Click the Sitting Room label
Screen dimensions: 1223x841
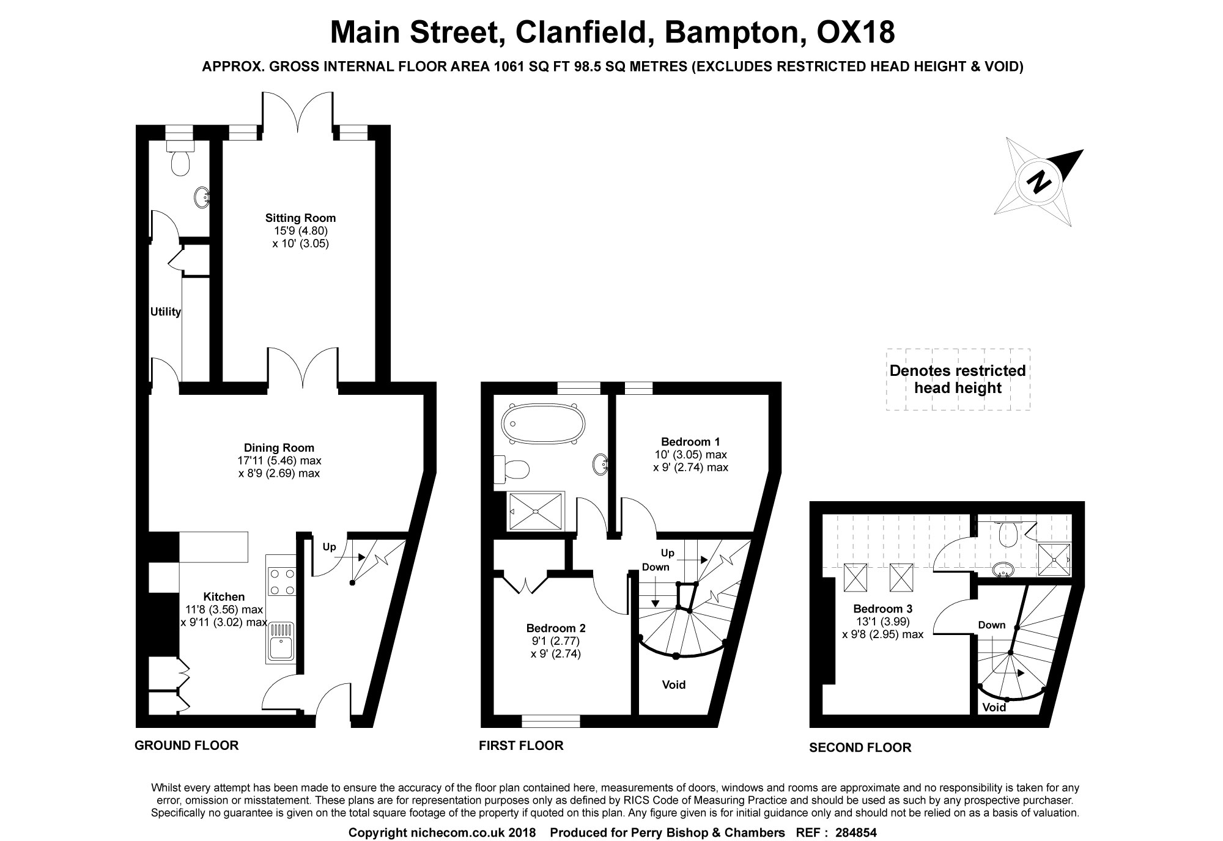(300, 218)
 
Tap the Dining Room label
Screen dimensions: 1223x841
(279, 447)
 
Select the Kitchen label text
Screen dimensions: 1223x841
(224, 597)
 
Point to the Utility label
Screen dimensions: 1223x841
(166, 312)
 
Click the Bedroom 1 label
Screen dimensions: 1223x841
(690, 441)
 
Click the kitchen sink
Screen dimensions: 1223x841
(281, 642)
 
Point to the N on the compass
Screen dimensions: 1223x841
(1037, 182)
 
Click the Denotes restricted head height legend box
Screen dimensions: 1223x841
(958, 379)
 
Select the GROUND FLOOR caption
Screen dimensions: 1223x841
(187, 745)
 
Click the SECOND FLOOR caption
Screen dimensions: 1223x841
(860, 747)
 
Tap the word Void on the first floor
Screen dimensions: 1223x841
(673, 685)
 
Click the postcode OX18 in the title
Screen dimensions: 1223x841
(855, 32)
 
